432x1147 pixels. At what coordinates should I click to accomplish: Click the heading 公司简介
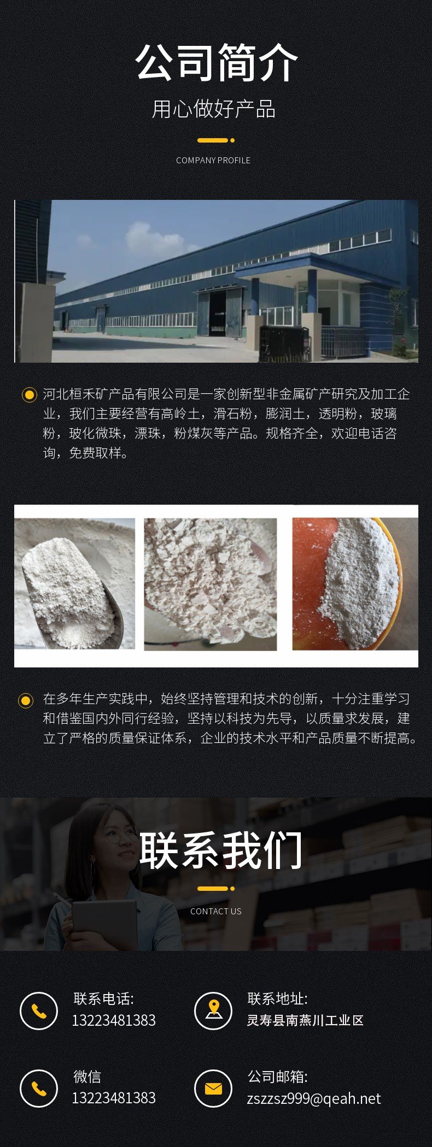tap(216, 63)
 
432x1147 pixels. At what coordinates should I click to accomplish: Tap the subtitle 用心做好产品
tap(214, 109)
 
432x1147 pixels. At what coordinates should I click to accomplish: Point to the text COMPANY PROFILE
tap(213, 160)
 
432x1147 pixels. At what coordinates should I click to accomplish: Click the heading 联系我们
tap(220, 850)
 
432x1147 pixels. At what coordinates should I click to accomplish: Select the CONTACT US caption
tap(215, 911)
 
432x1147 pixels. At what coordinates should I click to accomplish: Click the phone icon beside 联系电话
tap(39, 1011)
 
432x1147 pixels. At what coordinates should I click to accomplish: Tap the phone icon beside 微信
tap(39, 1089)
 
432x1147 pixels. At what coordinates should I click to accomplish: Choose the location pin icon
tap(213, 1011)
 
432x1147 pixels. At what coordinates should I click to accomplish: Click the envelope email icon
tap(213, 1089)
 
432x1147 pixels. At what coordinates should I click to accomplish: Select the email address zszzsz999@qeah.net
tap(313, 1098)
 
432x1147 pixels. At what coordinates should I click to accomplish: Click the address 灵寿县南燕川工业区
tap(305, 1020)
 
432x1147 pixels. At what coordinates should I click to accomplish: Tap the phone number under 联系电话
tap(114, 1020)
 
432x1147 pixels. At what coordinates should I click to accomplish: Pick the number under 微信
tap(114, 1098)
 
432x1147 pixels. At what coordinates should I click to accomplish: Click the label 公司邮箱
tap(277, 1077)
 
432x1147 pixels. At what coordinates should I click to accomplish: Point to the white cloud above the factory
tap(153, 238)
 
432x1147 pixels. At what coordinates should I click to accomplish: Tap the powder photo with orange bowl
tap(355, 584)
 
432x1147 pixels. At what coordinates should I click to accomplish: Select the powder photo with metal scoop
tap(74, 584)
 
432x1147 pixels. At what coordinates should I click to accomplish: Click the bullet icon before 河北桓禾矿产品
tap(28, 394)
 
